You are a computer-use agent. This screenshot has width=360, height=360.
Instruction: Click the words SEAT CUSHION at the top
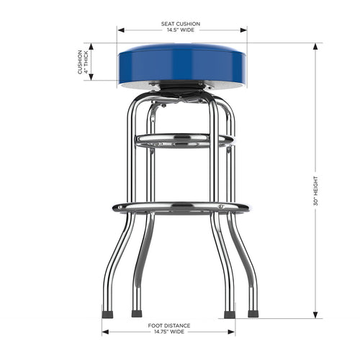coord(181,24)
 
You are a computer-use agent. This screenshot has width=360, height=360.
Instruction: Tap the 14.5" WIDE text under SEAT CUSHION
coord(181,30)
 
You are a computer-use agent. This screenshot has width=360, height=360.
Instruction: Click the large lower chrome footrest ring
coord(181,208)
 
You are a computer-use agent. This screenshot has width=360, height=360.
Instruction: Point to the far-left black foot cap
coord(107,314)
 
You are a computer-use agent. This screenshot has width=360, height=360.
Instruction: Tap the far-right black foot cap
coord(253,314)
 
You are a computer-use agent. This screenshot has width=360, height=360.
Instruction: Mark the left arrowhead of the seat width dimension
coord(120,30)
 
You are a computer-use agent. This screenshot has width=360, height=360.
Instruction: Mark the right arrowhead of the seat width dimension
coord(244,30)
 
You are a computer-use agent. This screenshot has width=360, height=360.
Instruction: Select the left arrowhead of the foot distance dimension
coord(105,333)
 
